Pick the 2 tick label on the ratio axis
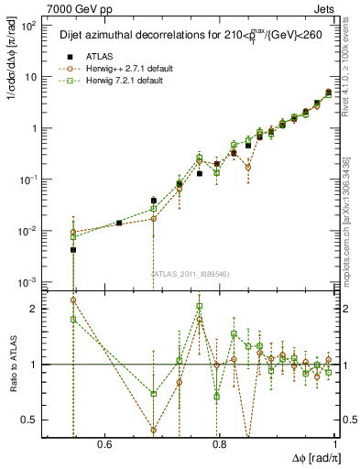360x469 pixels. point(35,309)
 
